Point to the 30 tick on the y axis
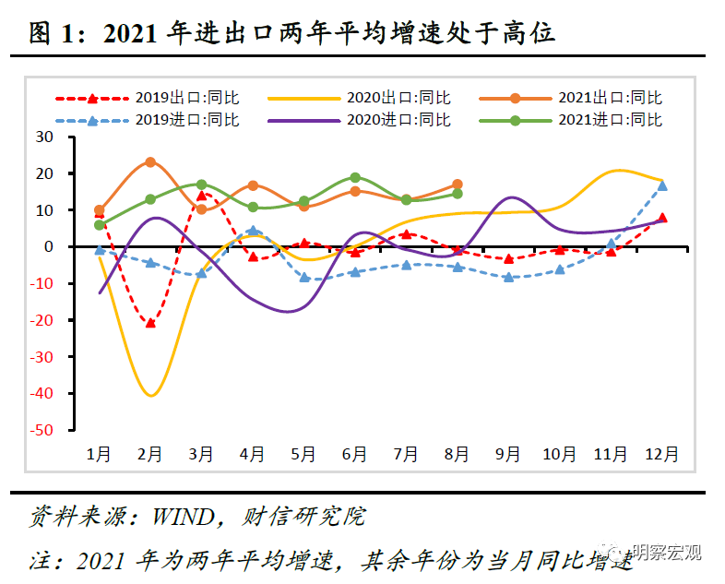pyautogui.click(x=70, y=137)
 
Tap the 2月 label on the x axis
pyautogui.click(x=150, y=454)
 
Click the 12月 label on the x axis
pyautogui.click(x=662, y=454)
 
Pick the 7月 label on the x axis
pyautogui.click(x=406, y=454)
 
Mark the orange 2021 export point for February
pyautogui.click(x=150, y=162)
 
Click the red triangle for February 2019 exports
pyautogui.click(x=150, y=322)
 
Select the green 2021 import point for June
pyautogui.click(x=355, y=177)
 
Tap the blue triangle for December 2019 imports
pyautogui.click(x=662, y=185)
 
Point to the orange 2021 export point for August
pyautogui.click(x=458, y=185)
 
